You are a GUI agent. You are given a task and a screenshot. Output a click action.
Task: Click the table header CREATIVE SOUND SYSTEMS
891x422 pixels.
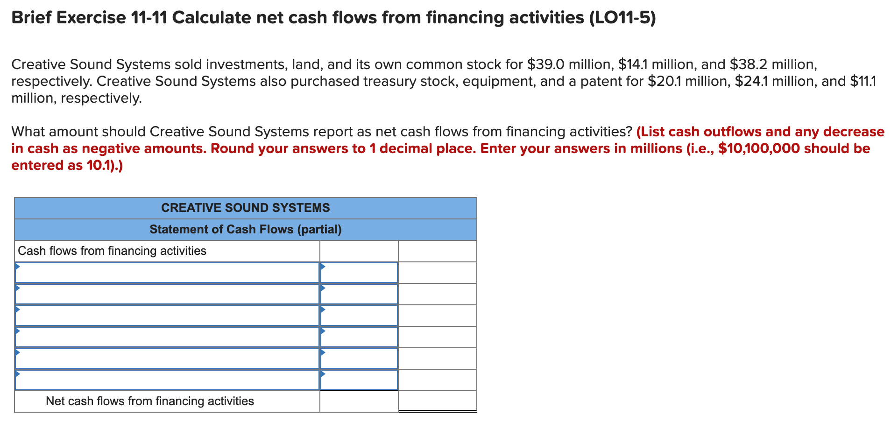245,208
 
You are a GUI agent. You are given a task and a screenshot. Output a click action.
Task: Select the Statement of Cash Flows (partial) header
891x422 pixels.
245,229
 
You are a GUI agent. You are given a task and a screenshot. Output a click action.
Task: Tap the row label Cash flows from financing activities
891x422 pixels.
112,251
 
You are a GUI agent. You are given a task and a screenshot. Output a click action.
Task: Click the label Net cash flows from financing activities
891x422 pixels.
149,401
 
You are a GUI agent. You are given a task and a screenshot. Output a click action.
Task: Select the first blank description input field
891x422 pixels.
167,273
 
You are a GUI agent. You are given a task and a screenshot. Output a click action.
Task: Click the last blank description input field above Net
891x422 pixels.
167,380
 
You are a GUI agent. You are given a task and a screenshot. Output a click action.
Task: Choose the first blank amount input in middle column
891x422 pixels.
359,273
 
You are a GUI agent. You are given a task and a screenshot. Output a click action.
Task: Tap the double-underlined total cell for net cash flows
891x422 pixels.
437,401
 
